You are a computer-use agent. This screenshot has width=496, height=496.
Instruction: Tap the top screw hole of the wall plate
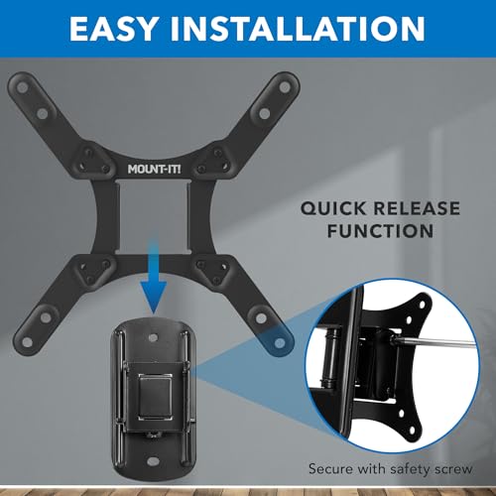(x=154, y=323)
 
